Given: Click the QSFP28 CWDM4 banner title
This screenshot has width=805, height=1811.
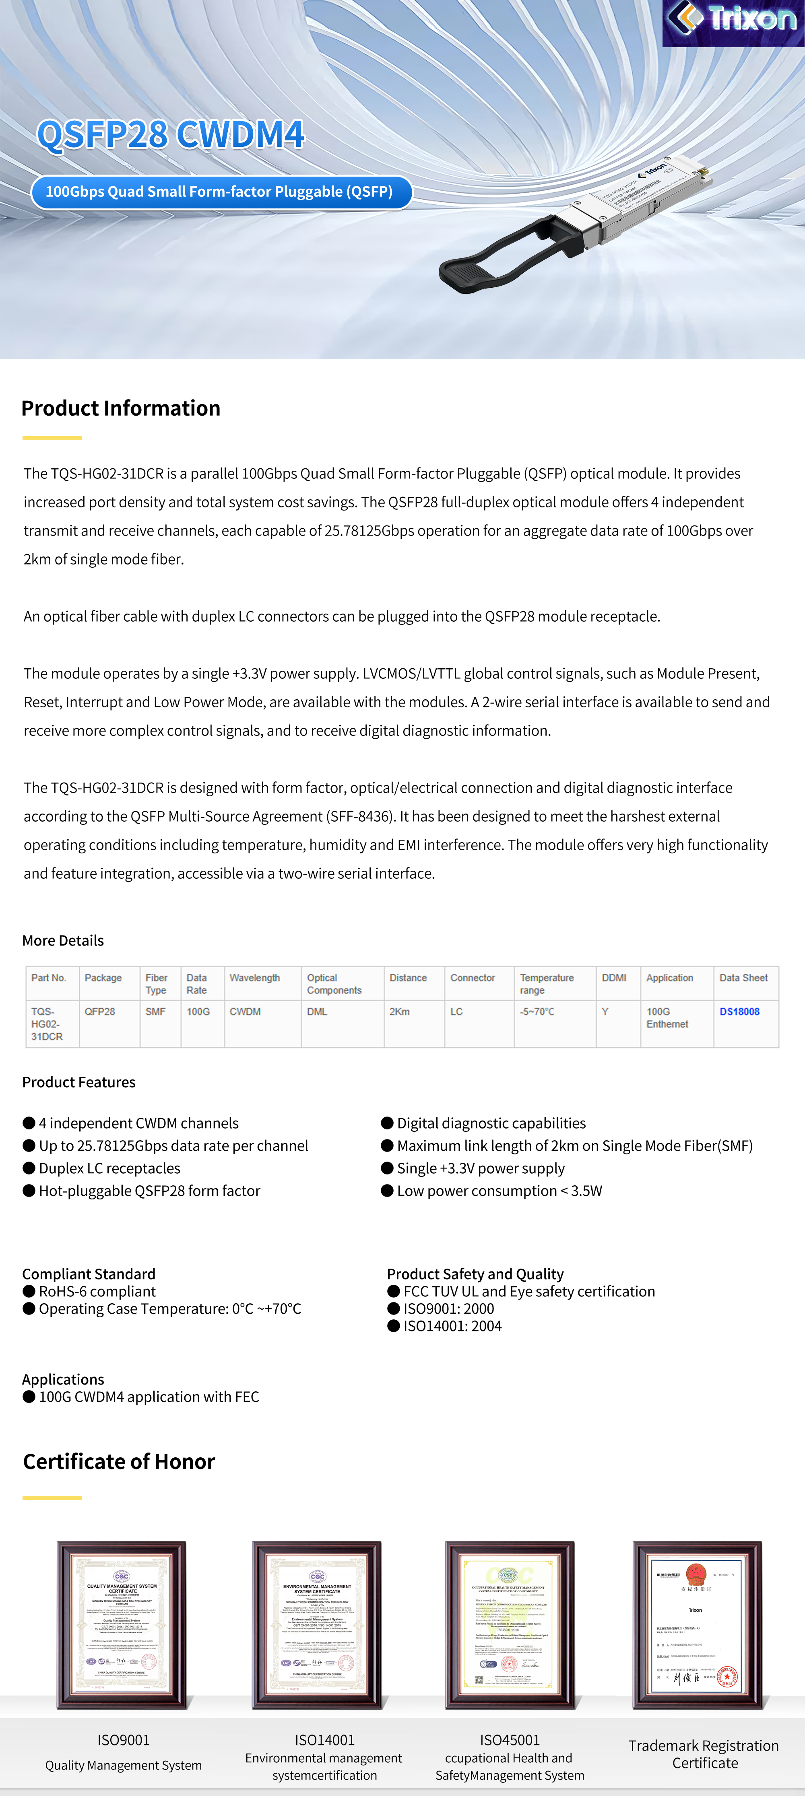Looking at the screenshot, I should point(171,134).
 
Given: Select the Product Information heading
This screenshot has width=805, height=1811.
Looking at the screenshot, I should point(121,408).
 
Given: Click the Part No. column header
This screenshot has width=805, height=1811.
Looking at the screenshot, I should point(49,978).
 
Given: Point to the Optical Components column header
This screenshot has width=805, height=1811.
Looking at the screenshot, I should point(334,983).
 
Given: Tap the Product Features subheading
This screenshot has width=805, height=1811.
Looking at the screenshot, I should point(79,1082).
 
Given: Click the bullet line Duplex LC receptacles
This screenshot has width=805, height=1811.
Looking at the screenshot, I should point(109,1168).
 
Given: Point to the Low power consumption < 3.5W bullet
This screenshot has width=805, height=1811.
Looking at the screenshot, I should point(499,1191).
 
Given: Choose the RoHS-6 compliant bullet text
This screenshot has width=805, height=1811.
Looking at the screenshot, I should point(97,1292).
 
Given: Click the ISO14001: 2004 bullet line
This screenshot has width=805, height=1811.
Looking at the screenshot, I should point(452,1326).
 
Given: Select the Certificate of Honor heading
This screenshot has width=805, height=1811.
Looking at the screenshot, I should point(119,1462).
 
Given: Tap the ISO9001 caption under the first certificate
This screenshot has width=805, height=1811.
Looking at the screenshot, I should point(124,1740).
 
